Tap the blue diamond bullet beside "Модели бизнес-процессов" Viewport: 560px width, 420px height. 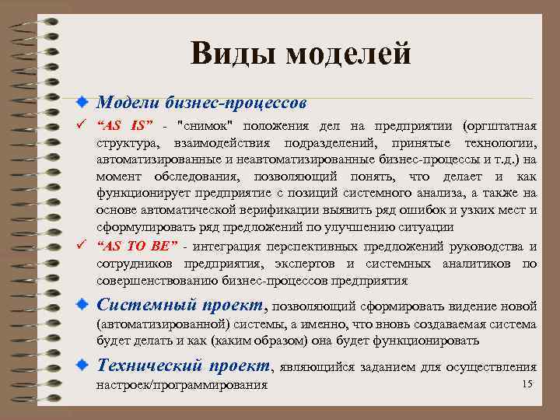[x=82, y=103]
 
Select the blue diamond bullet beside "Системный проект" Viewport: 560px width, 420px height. [x=82, y=304]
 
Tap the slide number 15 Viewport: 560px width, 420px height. [x=527, y=384]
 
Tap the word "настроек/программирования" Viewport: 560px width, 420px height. [x=182, y=385]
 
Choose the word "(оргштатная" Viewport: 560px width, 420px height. [x=499, y=126]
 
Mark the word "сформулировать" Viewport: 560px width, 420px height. [x=143, y=227]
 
